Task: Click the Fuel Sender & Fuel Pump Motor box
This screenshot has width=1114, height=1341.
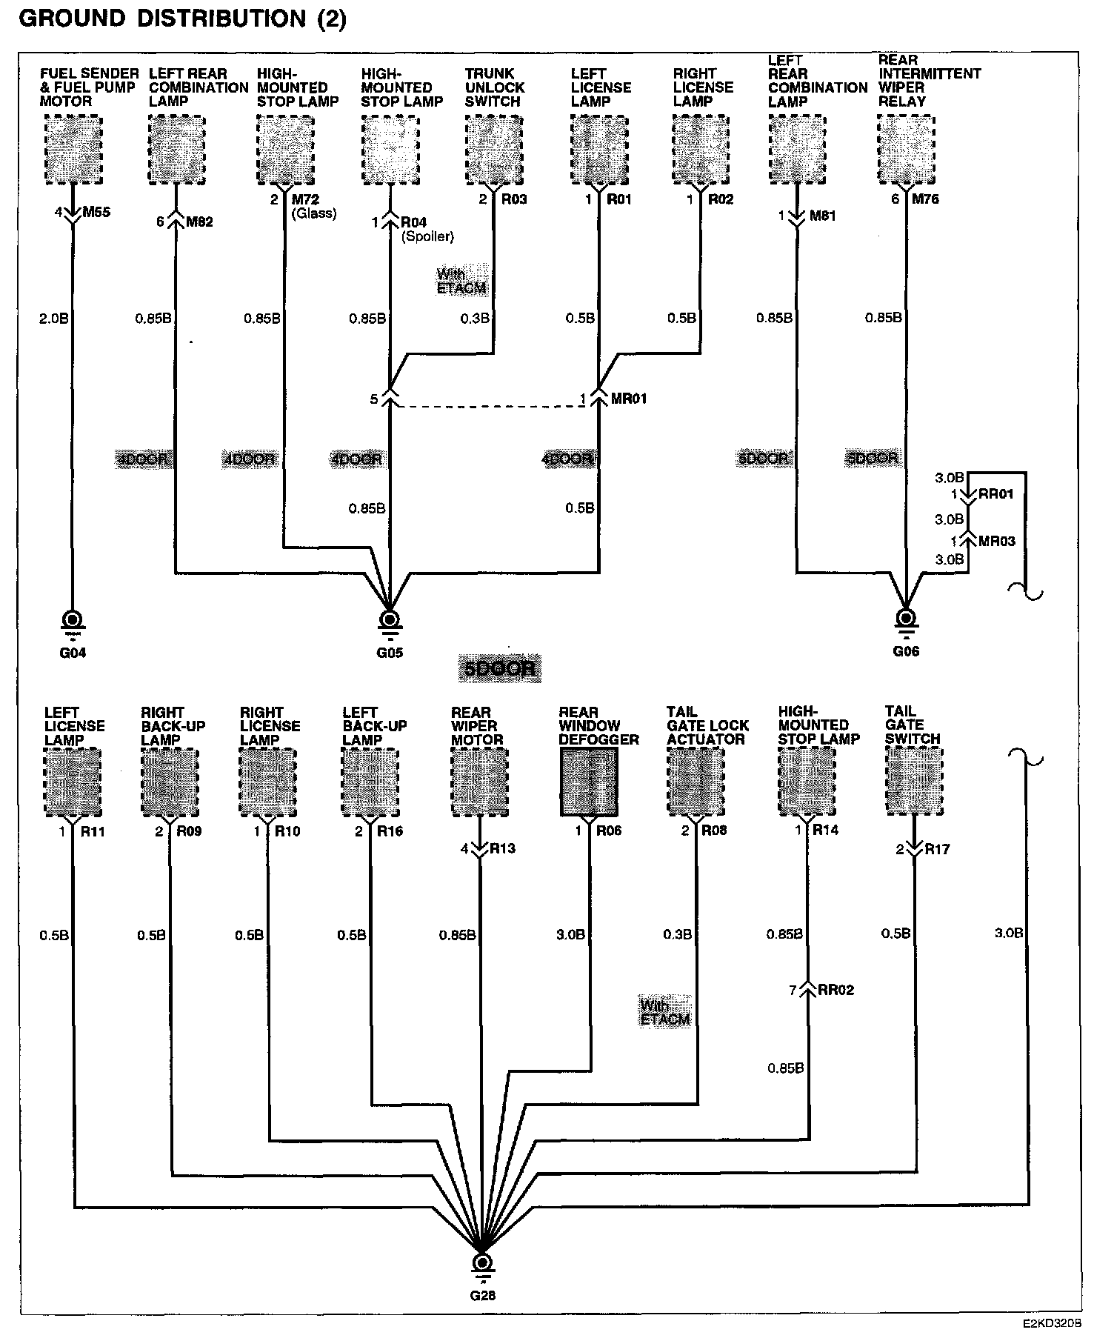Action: [x=73, y=150]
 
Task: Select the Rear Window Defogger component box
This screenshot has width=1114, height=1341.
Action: [x=589, y=782]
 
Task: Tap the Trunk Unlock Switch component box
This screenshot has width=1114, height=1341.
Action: [x=494, y=150]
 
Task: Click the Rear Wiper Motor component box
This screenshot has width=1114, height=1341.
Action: [x=480, y=782]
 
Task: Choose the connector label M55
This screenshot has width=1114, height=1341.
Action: [x=96, y=213]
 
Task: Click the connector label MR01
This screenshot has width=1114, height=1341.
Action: [x=629, y=399]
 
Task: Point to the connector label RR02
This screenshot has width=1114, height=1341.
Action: [x=835, y=990]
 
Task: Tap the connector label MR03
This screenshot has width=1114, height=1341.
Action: [x=996, y=541]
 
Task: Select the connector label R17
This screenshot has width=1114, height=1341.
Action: [x=937, y=849]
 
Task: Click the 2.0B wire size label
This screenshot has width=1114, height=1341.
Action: [x=53, y=319]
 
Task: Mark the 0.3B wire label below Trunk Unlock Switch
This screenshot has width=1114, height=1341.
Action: [x=475, y=319]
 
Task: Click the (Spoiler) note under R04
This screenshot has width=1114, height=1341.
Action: [x=427, y=236]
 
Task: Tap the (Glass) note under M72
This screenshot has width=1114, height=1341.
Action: [x=314, y=213]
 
